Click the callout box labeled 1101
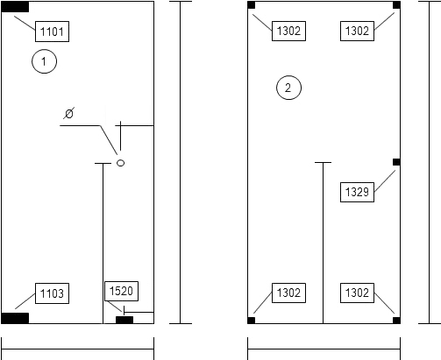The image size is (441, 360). click(x=52, y=32)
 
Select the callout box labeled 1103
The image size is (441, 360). click(x=52, y=293)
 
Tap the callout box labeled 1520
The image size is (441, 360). click(x=121, y=291)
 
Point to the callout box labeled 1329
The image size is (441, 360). click(x=357, y=192)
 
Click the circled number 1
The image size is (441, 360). click(x=44, y=61)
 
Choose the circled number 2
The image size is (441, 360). click(x=288, y=88)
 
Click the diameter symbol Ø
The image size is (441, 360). click(x=69, y=113)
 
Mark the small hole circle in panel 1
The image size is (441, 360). click(x=120, y=163)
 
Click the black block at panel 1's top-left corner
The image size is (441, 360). click(x=15, y=7)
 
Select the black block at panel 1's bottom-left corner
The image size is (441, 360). click(x=15, y=318)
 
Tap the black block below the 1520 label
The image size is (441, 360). click(x=124, y=320)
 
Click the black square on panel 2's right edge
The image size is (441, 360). click(x=396, y=162)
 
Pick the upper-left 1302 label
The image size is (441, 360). click(x=288, y=31)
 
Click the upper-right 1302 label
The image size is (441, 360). click(x=357, y=31)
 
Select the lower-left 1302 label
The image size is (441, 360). click(x=288, y=293)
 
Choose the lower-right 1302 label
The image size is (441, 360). click(x=357, y=293)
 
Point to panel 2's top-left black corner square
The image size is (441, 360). click(x=252, y=5)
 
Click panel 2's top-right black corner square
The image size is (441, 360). click(x=396, y=5)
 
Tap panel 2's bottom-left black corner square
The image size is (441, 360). click(x=252, y=321)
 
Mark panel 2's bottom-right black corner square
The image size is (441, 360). click(x=396, y=321)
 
